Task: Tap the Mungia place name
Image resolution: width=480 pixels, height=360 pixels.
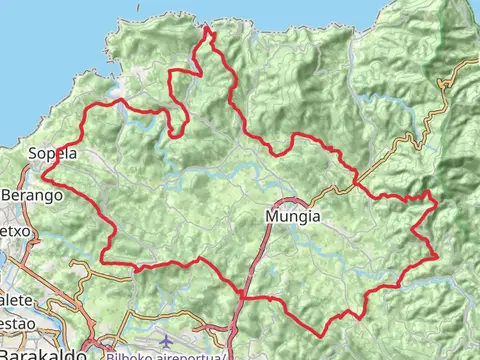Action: [293, 215]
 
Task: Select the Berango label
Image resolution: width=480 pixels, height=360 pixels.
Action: [32, 196]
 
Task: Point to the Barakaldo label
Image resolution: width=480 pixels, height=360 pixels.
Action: [37, 352]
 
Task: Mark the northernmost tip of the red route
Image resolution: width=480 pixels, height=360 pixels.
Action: [208, 28]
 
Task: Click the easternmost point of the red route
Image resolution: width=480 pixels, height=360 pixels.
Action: [437, 204]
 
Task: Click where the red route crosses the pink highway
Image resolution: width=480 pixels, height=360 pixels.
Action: [243, 297]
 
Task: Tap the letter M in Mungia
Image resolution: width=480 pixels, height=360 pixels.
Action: [272, 215]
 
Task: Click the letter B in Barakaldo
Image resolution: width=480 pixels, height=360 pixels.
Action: [6, 352]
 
